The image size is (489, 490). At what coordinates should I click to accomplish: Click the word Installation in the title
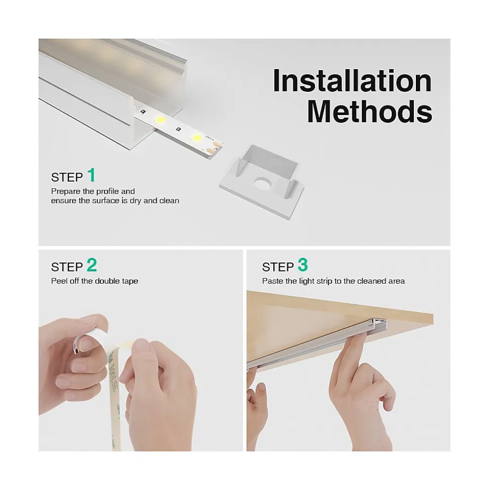click(x=352, y=81)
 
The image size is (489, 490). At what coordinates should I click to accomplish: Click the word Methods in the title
click(x=370, y=111)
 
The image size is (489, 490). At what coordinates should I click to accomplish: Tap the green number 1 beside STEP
click(x=91, y=175)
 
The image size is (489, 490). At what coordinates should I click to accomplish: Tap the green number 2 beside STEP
click(x=92, y=265)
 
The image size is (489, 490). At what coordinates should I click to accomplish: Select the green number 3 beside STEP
click(x=302, y=265)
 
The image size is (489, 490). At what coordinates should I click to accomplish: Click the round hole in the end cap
click(x=263, y=184)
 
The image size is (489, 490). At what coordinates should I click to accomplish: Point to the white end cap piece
click(x=262, y=181)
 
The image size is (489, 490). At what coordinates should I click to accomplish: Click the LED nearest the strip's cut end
click(x=197, y=137)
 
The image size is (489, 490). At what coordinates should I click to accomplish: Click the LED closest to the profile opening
click(x=160, y=119)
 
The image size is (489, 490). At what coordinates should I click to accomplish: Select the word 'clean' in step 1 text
click(x=169, y=201)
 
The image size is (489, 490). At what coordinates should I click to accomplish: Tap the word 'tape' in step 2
click(x=130, y=281)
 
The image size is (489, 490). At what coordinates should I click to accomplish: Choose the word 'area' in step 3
click(x=397, y=281)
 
